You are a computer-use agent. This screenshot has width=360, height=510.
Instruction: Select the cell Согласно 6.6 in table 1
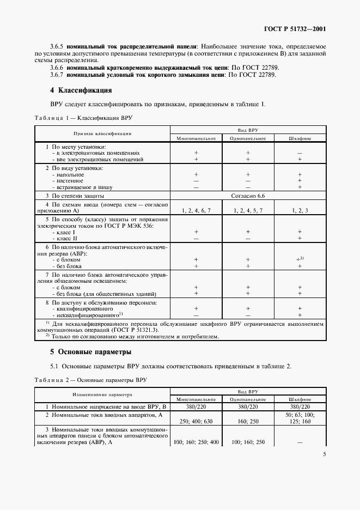coord(248,195)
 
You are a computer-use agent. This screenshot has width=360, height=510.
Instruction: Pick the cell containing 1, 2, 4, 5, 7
coord(248,210)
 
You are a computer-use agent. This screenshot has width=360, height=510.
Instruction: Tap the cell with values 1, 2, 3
coord(300,210)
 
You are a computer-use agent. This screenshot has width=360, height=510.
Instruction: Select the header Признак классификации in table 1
coord(103,133)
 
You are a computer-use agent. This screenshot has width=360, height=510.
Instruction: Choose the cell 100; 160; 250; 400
coord(196,442)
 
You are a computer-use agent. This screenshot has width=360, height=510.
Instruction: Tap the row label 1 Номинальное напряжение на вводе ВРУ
coord(101,406)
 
